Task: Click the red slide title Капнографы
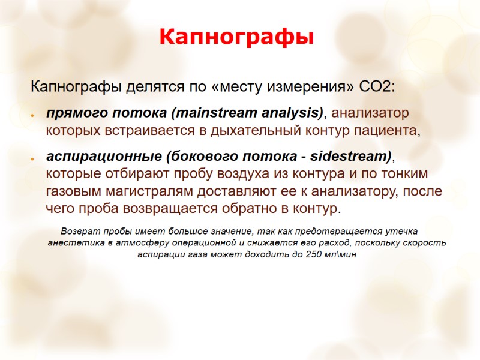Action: (236, 37)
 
